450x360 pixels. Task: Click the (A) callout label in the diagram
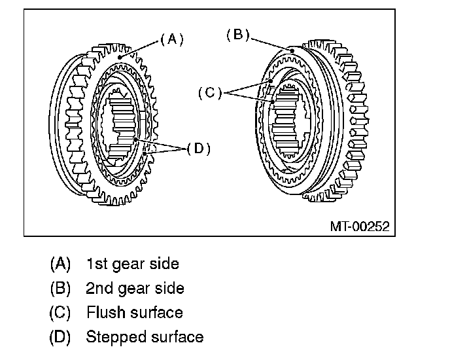[172, 39]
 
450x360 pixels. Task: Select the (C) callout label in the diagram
[210, 94]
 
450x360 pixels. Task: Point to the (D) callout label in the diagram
[198, 149]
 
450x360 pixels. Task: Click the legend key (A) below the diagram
[60, 264]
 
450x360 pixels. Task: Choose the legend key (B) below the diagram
[60, 288]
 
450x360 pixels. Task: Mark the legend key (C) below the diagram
[60, 312]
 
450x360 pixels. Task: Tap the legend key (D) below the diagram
[60, 337]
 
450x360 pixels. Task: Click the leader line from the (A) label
[140, 47]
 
